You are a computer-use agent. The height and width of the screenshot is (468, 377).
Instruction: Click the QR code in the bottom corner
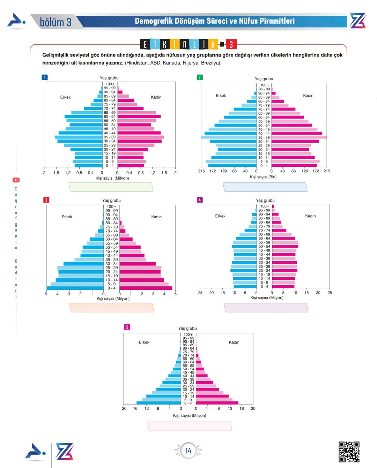[x=349, y=452]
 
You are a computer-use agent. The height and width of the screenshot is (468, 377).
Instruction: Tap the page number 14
[x=188, y=451]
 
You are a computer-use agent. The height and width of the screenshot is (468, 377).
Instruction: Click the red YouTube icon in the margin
[x=16, y=180]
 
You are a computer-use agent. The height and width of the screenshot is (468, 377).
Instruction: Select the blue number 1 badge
[x=44, y=77]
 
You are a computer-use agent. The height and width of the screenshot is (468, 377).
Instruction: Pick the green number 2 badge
[x=200, y=77]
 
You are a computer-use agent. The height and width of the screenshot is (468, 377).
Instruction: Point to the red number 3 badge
[x=46, y=200]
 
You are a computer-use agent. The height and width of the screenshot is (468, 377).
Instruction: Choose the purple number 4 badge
[x=200, y=200]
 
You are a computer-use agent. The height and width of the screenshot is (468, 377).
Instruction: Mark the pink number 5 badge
[x=127, y=327]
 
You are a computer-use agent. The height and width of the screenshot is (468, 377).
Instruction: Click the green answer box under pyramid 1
[x=111, y=187]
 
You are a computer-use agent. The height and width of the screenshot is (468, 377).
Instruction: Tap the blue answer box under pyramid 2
[x=265, y=187]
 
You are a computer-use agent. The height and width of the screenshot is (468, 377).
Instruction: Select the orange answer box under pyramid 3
[x=112, y=308]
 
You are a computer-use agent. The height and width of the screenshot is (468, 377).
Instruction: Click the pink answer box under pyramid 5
[x=190, y=426]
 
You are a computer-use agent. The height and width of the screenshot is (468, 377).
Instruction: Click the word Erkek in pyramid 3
[x=67, y=217]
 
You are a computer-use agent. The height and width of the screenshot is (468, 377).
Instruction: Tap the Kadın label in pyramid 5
[x=234, y=342]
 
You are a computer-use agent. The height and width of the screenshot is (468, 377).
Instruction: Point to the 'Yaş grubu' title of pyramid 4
[x=265, y=201]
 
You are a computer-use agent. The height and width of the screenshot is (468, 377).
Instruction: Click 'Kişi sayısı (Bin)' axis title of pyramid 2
[x=263, y=177]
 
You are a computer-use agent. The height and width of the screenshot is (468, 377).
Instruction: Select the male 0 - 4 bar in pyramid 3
[x=75, y=288]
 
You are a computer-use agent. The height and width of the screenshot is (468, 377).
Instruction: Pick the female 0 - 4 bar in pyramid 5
[x=217, y=403]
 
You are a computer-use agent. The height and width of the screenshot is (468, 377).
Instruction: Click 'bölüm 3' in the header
[x=56, y=22]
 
